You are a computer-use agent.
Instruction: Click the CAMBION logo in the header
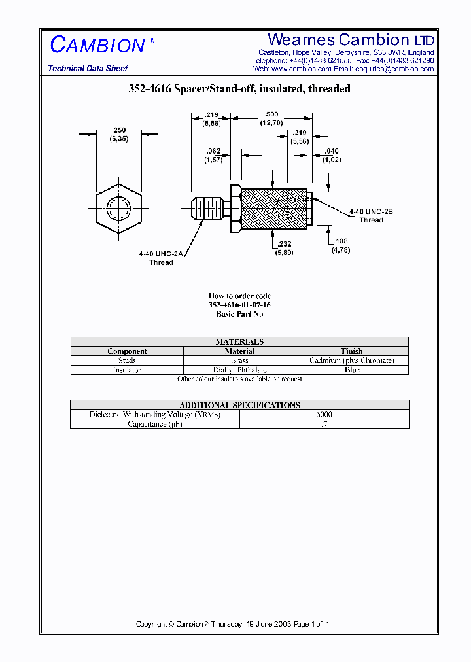click(x=98, y=45)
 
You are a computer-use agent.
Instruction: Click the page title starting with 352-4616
click(x=239, y=88)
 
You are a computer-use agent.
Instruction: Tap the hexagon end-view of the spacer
click(x=118, y=209)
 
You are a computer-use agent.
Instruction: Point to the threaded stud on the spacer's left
click(x=206, y=209)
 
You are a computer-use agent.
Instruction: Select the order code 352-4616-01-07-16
click(x=239, y=305)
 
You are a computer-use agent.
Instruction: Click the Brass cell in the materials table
click(x=239, y=360)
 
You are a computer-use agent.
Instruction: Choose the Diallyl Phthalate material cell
click(x=239, y=370)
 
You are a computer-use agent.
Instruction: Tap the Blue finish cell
click(x=352, y=370)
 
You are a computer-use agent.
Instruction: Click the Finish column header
click(x=352, y=351)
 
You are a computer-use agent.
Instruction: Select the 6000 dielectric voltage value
click(x=324, y=415)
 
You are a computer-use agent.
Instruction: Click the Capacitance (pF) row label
click(x=155, y=424)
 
